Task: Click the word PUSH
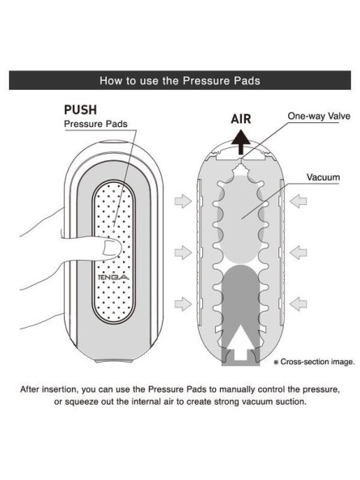click(80, 109)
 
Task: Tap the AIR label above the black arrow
click(241, 119)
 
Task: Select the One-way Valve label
click(319, 116)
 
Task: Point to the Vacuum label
click(324, 177)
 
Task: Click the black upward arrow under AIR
click(241, 142)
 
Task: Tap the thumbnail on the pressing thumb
click(112, 248)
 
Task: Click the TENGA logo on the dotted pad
click(113, 278)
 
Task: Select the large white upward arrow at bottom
click(240, 342)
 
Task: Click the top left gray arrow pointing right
click(183, 201)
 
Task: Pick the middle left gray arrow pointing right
click(183, 253)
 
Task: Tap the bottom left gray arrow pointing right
click(183, 304)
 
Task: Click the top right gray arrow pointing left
click(299, 201)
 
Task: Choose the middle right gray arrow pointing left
click(299, 253)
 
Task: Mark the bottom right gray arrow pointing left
click(299, 304)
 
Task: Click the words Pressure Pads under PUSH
click(95, 124)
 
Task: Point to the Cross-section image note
click(315, 362)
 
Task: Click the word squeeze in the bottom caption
click(82, 402)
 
